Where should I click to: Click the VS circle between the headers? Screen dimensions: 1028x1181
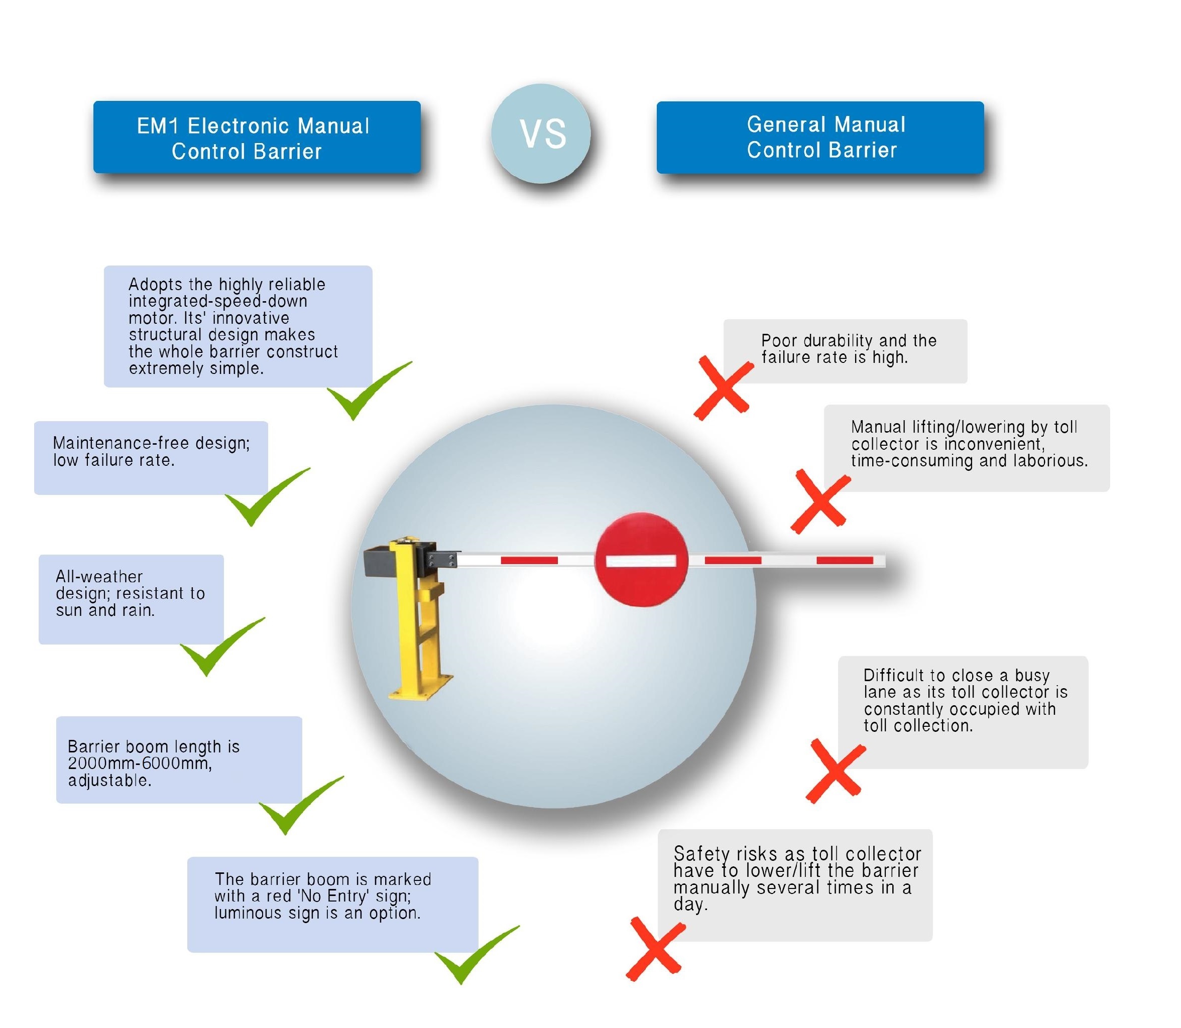[541, 134]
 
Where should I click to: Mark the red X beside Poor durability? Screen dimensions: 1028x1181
[723, 388]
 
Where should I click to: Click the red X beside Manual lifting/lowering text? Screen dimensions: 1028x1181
[819, 501]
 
